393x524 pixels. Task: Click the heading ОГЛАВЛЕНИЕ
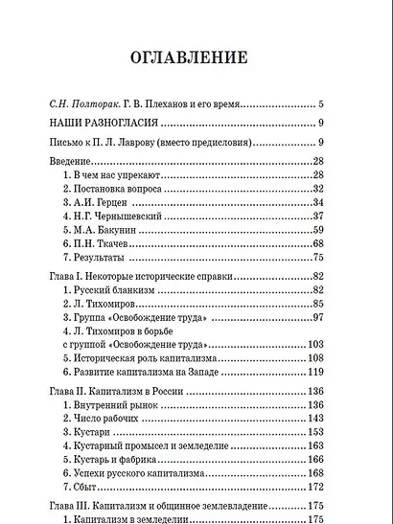pos(196,56)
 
